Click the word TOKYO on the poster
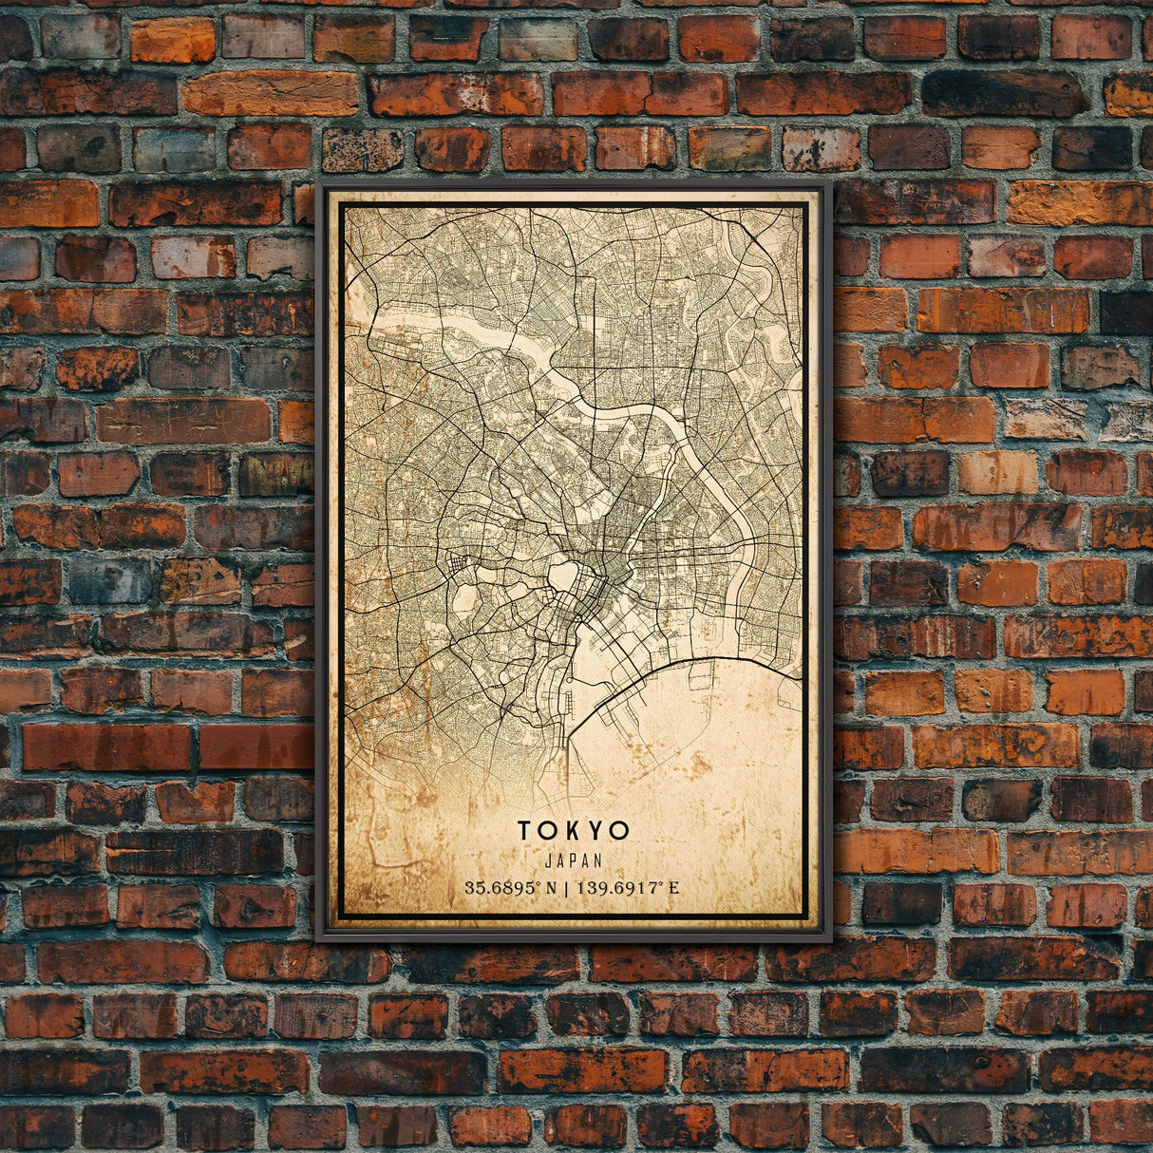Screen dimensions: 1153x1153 coord(573,830)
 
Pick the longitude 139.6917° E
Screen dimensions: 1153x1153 coord(626,889)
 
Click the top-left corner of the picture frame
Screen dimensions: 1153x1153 coord(318,180)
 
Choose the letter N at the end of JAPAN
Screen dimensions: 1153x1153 coord(597,860)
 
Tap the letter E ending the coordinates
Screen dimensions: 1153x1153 coord(673,889)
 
